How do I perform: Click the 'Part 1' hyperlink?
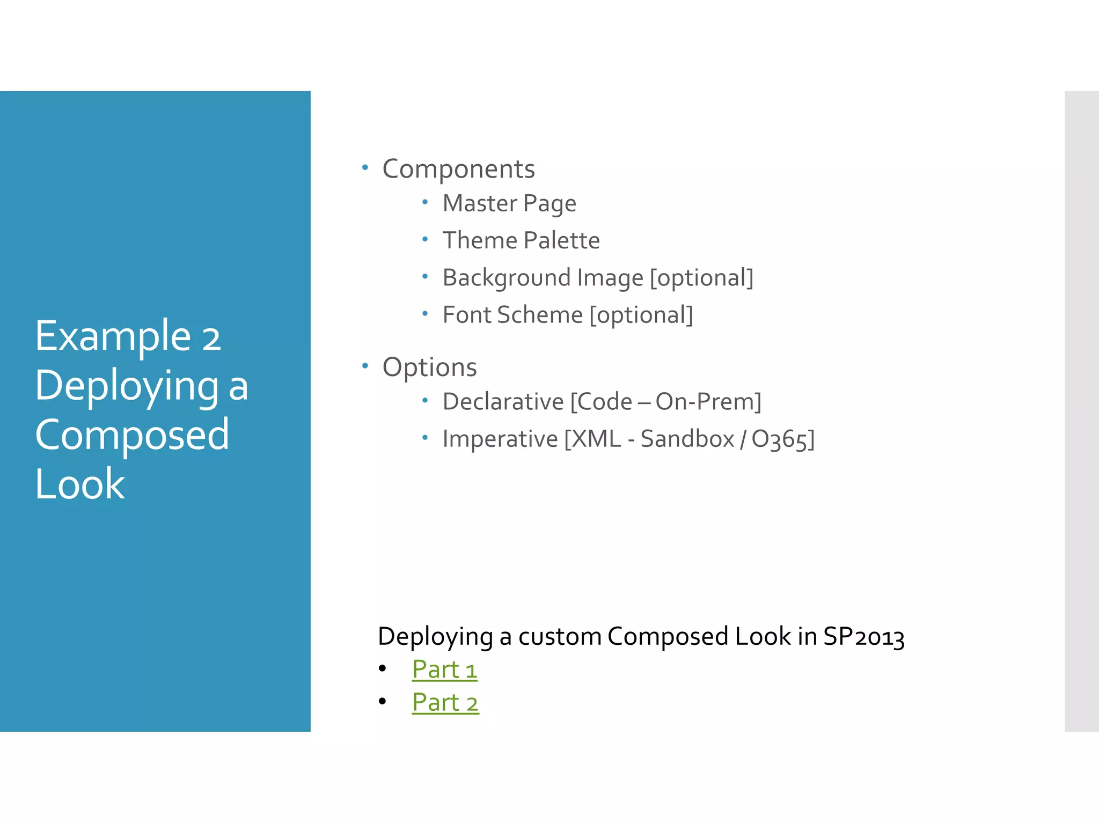pos(444,669)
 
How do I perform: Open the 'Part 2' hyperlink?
pos(445,703)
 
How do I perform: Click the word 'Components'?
pos(458,170)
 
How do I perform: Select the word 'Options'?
pos(429,367)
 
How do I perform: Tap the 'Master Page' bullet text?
pos(509,204)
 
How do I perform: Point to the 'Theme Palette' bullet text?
pos(521,240)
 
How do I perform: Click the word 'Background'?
pos(506,278)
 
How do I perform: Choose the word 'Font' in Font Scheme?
pos(466,315)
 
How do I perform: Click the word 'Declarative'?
pos(503,402)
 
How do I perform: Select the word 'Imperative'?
pos(500,439)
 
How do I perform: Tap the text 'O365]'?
pos(782,439)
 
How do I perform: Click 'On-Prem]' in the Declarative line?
pos(708,402)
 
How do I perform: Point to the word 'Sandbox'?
pos(687,439)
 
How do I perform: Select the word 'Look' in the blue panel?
pos(80,484)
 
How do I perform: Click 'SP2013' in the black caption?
pos(863,637)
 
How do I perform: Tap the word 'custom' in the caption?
pos(560,637)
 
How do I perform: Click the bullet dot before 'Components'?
pos(365,168)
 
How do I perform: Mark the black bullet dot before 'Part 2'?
pos(382,701)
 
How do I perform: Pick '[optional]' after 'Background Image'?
pos(701,278)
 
